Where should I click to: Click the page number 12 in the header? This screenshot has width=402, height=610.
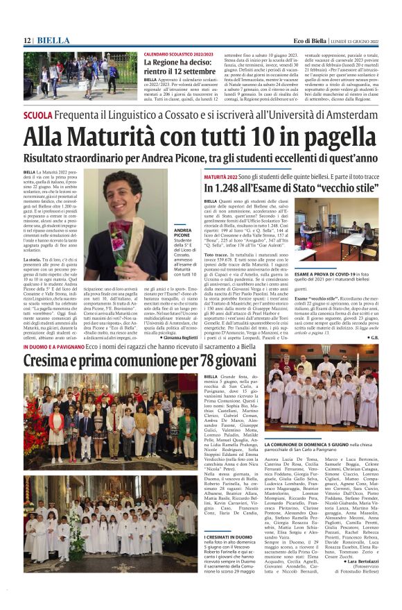(x=27, y=41)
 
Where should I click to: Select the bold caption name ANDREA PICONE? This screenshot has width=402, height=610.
(x=183, y=232)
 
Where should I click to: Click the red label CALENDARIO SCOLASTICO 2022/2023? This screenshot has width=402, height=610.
(x=178, y=53)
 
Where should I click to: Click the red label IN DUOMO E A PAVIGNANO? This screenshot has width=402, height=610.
(x=55, y=346)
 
